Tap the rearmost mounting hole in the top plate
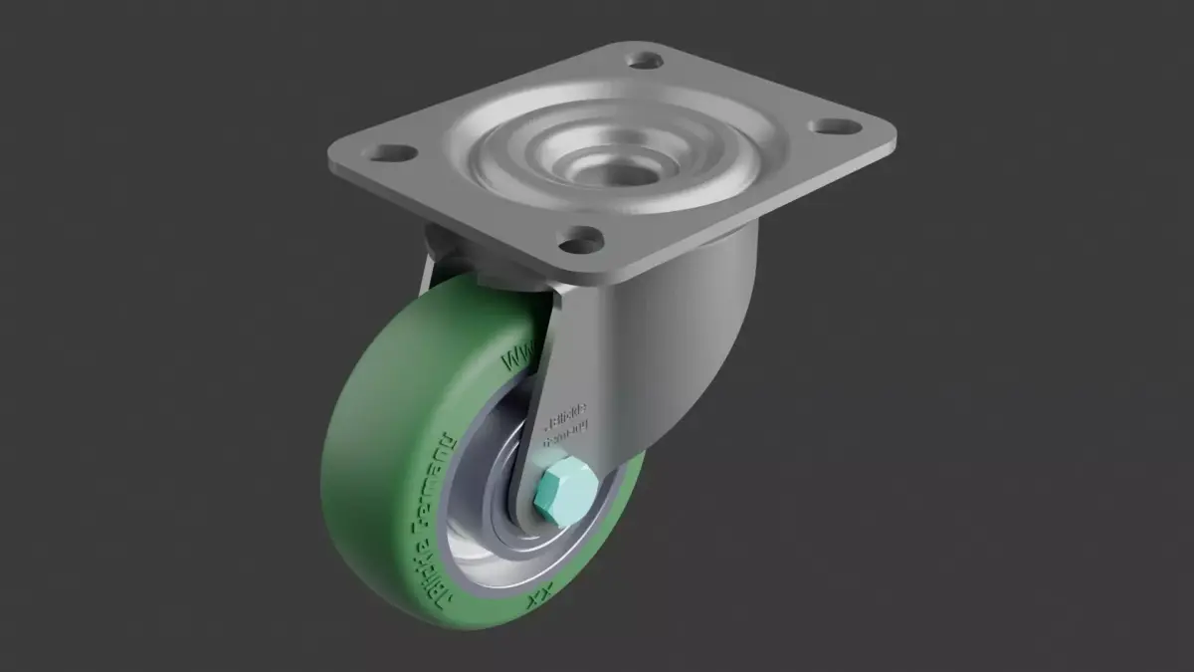point(648,61)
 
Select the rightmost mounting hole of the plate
point(832,127)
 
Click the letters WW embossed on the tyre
point(519,352)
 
